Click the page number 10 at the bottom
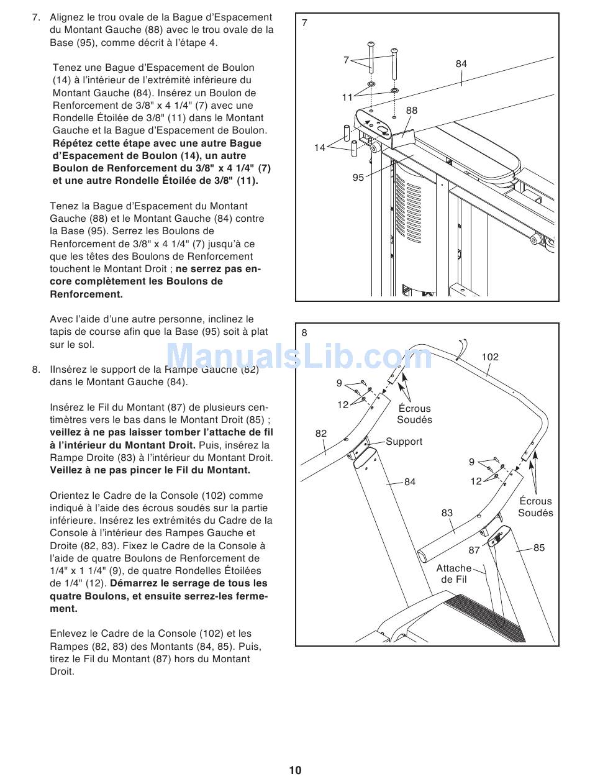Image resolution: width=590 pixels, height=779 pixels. click(x=295, y=770)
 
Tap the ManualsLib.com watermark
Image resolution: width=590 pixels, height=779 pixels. click(x=299, y=358)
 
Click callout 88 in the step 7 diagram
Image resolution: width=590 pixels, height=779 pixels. click(x=412, y=111)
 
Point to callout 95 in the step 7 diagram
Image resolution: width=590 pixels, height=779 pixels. click(x=358, y=178)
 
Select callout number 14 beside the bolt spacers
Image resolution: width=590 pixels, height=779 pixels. click(x=319, y=148)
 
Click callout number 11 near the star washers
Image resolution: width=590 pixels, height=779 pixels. click(x=347, y=98)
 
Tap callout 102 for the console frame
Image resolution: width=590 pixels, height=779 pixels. click(x=490, y=357)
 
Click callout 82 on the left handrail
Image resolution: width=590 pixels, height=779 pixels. click(x=320, y=434)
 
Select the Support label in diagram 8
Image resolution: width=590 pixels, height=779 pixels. click(x=404, y=442)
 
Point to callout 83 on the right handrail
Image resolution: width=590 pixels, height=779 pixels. click(x=447, y=513)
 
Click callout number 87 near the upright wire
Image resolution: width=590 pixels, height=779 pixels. click(x=474, y=550)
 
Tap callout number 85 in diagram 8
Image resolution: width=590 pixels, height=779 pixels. click(x=538, y=548)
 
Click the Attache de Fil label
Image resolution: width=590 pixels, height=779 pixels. click(x=454, y=574)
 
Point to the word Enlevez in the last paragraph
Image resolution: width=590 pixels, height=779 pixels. click(x=68, y=634)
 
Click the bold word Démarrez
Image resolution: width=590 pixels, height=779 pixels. click(x=133, y=583)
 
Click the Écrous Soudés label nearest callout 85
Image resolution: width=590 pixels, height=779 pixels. click(x=535, y=507)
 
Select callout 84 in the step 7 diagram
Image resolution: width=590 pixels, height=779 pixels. click(x=461, y=64)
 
